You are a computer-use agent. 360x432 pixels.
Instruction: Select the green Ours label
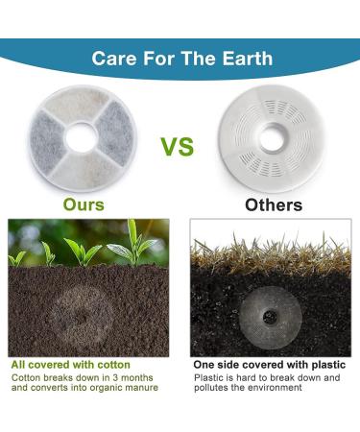[x=84, y=204]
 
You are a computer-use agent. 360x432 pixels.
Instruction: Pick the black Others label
[x=273, y=204]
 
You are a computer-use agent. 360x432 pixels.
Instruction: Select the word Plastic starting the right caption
[x=209, y=378]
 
